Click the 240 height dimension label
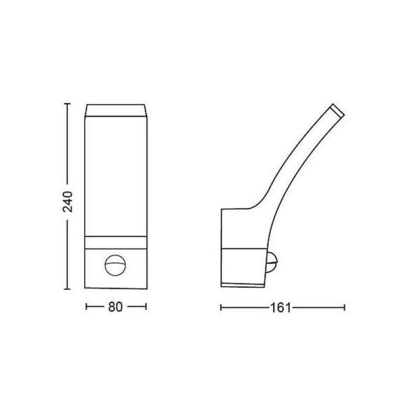point(67,202)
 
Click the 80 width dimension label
point(115,307)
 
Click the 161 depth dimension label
point(281,308)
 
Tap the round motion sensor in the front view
point(115,265)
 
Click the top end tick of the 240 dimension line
point(67,104)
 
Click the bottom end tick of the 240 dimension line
point(67,289)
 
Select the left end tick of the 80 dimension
point(86,307)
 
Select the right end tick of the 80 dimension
point(146,307)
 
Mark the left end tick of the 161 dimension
point(220,307)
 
